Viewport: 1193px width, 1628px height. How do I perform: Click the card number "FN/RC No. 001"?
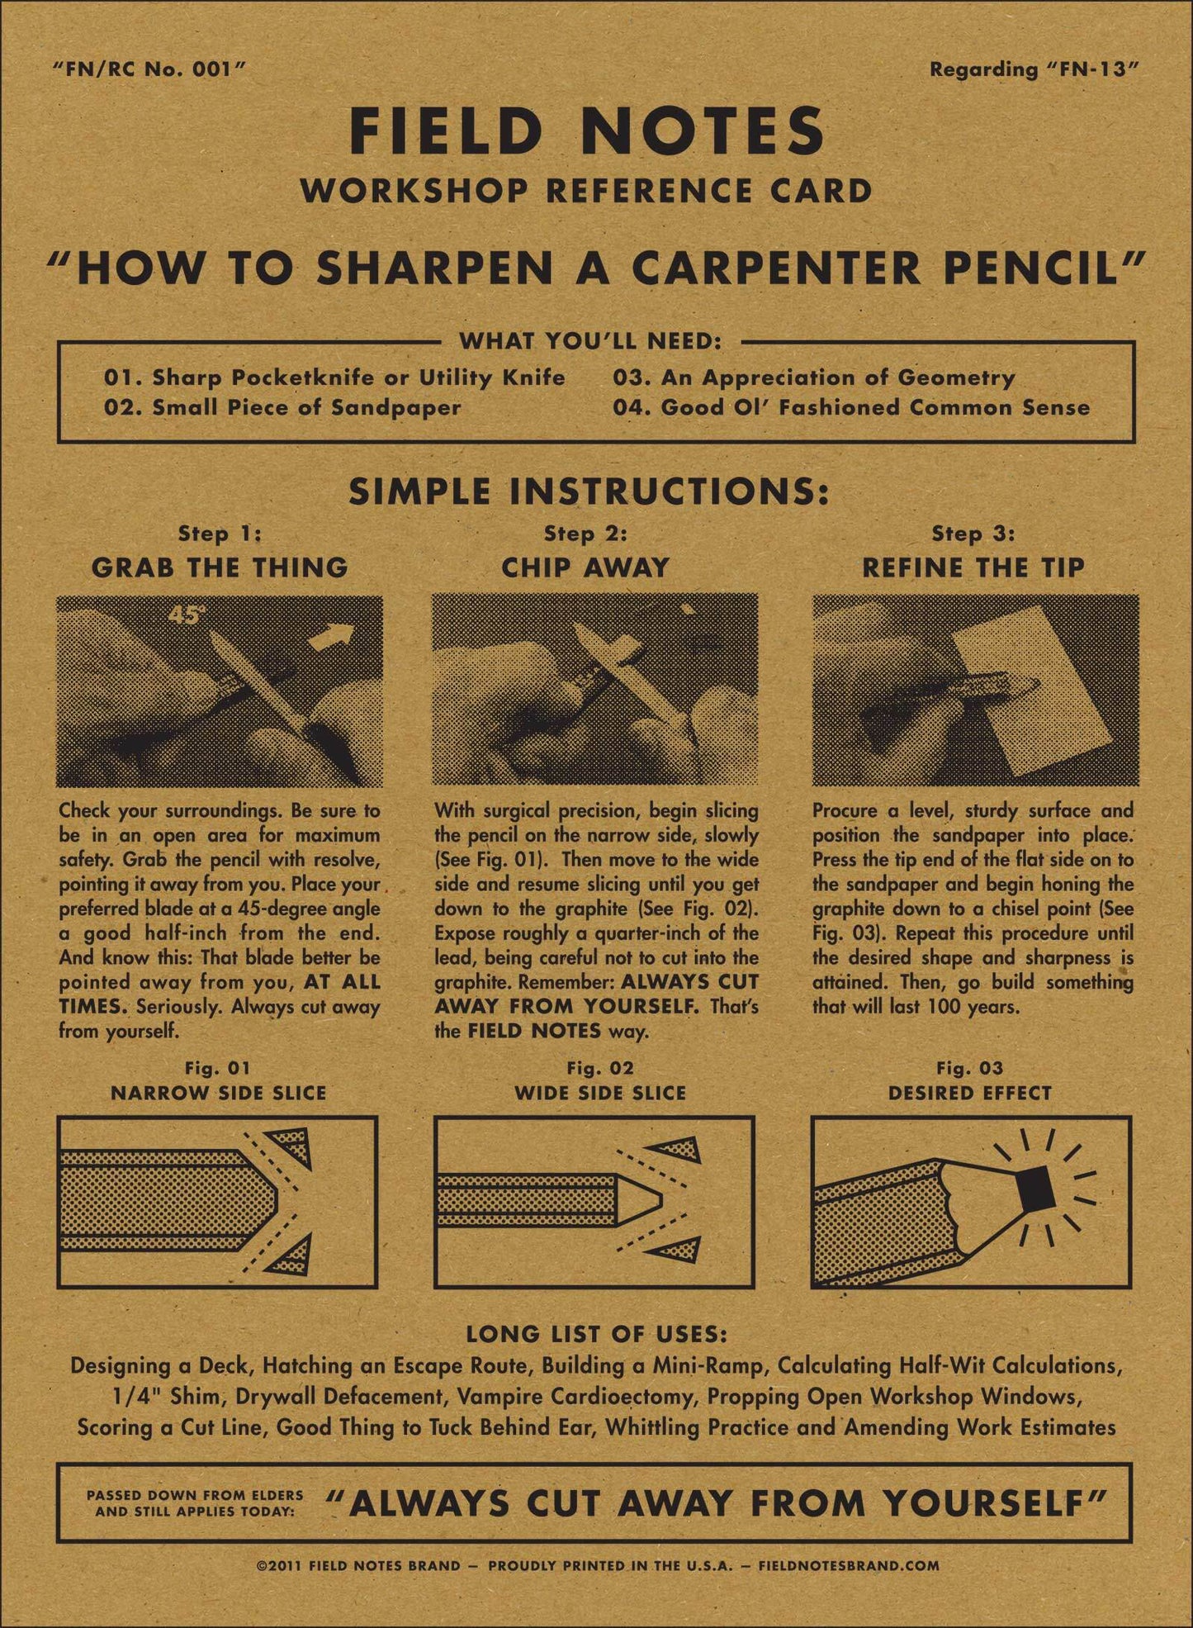149,70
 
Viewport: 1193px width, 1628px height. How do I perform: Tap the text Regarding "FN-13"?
1034,70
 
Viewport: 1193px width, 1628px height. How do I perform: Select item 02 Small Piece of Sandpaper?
282,407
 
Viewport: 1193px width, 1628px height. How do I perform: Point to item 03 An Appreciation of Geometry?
813,377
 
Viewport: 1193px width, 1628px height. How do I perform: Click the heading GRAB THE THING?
220,567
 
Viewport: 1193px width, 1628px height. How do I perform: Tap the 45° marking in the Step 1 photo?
186,615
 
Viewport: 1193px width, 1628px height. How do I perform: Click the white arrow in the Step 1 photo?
335,639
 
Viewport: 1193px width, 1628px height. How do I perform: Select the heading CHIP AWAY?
585,567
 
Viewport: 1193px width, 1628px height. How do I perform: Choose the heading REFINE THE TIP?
973,567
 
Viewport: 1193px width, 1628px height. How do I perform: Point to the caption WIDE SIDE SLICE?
600,1093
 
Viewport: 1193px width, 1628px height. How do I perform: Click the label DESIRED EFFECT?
970,1093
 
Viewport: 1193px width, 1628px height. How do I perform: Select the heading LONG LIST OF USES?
596,1334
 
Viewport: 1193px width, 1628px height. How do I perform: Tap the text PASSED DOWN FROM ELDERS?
195,1495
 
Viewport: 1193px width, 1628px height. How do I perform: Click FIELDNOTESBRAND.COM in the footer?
848,1565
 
